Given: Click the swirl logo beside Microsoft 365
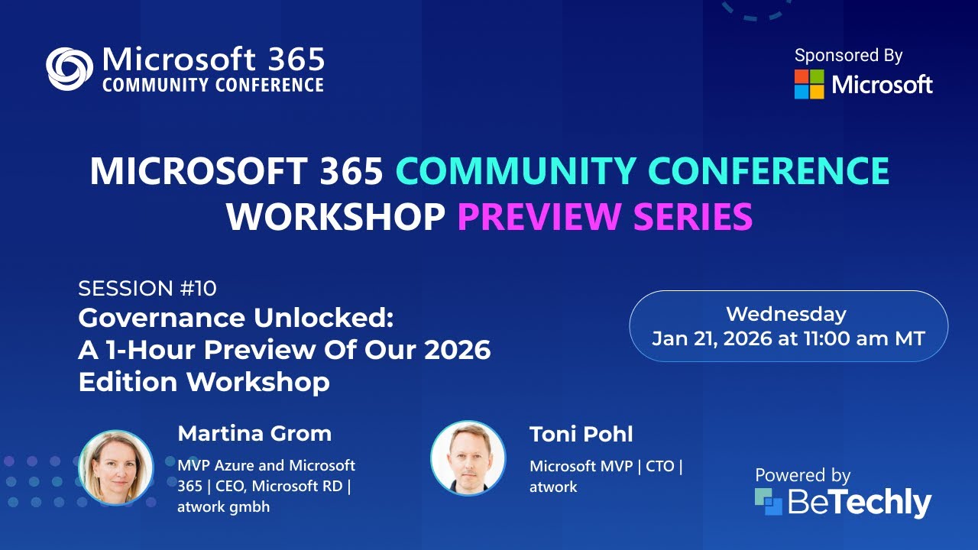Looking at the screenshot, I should (x=70, y=69).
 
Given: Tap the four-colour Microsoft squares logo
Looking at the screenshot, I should (x=809, y=84).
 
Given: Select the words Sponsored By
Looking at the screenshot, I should (x=848, y=56).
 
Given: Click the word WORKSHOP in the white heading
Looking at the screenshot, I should (x=335, y=216).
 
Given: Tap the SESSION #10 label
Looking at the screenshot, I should (x=147, y=288).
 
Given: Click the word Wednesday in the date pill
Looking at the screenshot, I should (x=785, y=314).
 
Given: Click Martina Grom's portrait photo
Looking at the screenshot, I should (x=116, y=467).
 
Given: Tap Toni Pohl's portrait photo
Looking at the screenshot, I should (x=468, y=458).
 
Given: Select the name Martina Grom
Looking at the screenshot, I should (x=254, y=434).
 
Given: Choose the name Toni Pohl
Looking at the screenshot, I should (x=581, y=435).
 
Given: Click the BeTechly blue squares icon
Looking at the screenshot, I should (x=769, y=502).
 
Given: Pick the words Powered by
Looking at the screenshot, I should (x=802, y=475).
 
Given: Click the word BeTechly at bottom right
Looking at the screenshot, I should (x=859, y=503).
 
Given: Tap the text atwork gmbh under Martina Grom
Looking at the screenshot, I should (x=223, y=506).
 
